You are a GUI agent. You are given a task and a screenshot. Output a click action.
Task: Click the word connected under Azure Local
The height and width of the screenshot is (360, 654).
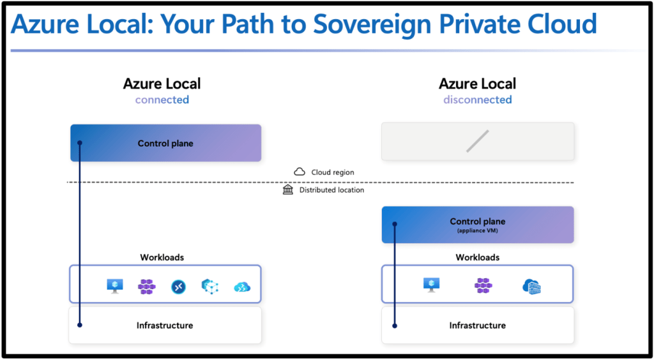point(162,100)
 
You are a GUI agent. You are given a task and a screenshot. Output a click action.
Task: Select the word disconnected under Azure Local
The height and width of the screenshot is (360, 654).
point(477,100)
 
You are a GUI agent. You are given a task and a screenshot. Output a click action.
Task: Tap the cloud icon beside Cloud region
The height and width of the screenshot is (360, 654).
point(299,172)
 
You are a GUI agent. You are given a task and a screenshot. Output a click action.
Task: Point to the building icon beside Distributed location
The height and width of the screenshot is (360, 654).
point(288,190)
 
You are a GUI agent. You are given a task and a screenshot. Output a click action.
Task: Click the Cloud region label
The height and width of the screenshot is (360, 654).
point(332,172)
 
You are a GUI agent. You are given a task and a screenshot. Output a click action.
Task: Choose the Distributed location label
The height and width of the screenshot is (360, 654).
point(331,190)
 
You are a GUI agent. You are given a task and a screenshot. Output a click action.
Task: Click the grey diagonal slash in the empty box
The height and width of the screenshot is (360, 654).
point(477,141)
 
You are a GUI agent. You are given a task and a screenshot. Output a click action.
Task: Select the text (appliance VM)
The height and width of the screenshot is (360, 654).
point(477,230)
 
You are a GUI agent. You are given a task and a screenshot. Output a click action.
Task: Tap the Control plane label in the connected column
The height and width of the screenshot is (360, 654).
point(165,144)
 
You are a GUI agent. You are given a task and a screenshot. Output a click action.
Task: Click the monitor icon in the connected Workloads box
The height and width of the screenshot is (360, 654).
point(115,287)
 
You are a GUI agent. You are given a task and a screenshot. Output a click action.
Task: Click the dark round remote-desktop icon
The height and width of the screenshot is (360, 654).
point(178,287)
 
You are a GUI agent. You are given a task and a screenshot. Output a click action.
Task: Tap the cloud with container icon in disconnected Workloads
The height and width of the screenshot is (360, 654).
point(531,287)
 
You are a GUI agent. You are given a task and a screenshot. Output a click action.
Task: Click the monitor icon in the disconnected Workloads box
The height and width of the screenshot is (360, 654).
point(431,285)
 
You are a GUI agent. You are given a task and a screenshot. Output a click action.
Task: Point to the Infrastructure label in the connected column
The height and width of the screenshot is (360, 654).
point(165,326)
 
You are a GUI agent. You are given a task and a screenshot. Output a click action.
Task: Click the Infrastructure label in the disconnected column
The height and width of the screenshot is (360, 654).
point(477,326)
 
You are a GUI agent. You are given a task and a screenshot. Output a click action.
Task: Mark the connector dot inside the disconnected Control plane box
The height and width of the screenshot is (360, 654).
point(395,224)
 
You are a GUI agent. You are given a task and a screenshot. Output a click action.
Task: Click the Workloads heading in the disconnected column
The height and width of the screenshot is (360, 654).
point(477,257)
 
